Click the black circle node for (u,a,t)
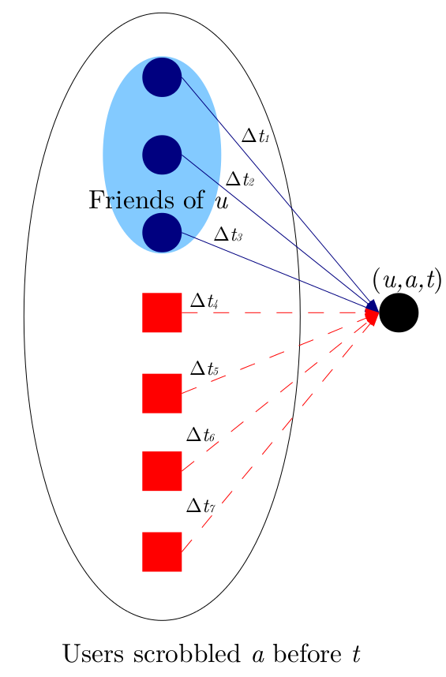pyautogui.click(x=398, y=313)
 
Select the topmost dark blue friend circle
pyautogui.click(x=162, y=77)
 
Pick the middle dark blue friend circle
pyautogui.click(x=162, y=155)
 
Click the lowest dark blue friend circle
pyautogui.click(x=162, y=233)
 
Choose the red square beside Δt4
pyautogui.click(x=162, y=312)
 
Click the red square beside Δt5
pyautogui.click(x=162, y=393)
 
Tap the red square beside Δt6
pyautogui.click(x=162, y=470)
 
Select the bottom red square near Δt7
pyautogui.click(x=162, y=551)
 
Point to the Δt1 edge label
pyautogui.click(x=255, y=136)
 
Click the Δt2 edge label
pyautogui.click(x=239, y=180)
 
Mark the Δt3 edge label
pyautogui.click(x=227, y=234)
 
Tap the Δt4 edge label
pyautogui.click(x=204, y=301)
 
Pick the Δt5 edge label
pyautogui.click(x=204, y=368)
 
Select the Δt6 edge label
pyautogui.click(x=200, y=435)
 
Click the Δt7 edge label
pyautogui.click(x=200, y=505)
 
